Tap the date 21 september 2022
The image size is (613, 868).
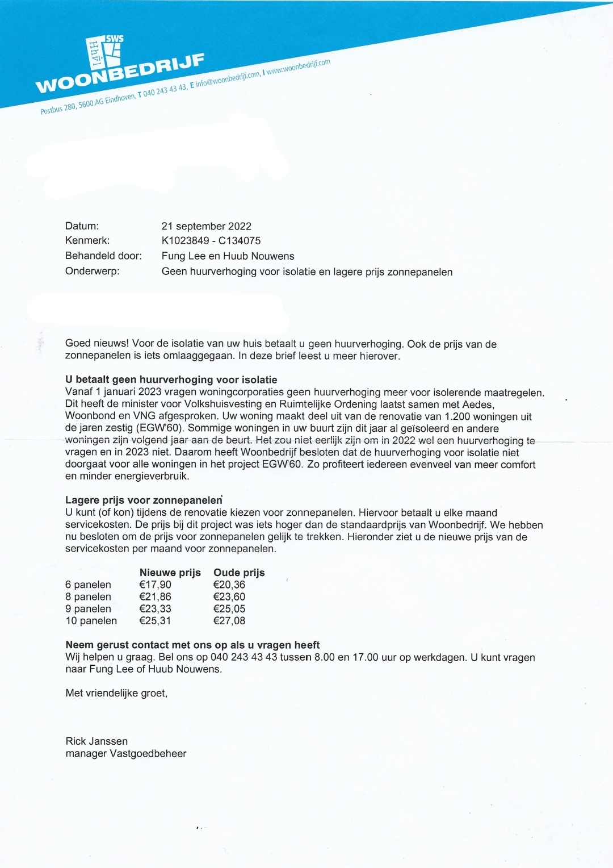tap(206, 226)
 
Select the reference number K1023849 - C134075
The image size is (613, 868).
tap(211, 241)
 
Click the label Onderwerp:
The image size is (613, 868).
tap(93, 272)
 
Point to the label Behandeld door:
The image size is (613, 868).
tap(103, 256)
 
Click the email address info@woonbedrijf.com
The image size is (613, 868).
tap(228, 80)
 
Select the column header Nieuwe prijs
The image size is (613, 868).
tap(170, 573)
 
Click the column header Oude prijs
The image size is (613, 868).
tap(239, 573)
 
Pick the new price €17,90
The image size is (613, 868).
tap(155, 585)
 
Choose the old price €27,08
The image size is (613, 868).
tap(229, 621)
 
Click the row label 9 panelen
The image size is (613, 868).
tap(88, 609)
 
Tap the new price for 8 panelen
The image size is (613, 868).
tap(155, 597)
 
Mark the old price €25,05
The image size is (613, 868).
tap(229, 609)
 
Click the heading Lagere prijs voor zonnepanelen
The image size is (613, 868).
tap(144, 500)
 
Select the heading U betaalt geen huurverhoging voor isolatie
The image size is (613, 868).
tap(171, 379)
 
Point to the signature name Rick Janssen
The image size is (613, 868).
tap(96, 741)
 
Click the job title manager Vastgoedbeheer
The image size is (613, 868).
tap(125, 754)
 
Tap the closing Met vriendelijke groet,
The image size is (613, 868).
tap(116, 693)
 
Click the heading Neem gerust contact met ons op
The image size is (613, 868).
tap(192, 645)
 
